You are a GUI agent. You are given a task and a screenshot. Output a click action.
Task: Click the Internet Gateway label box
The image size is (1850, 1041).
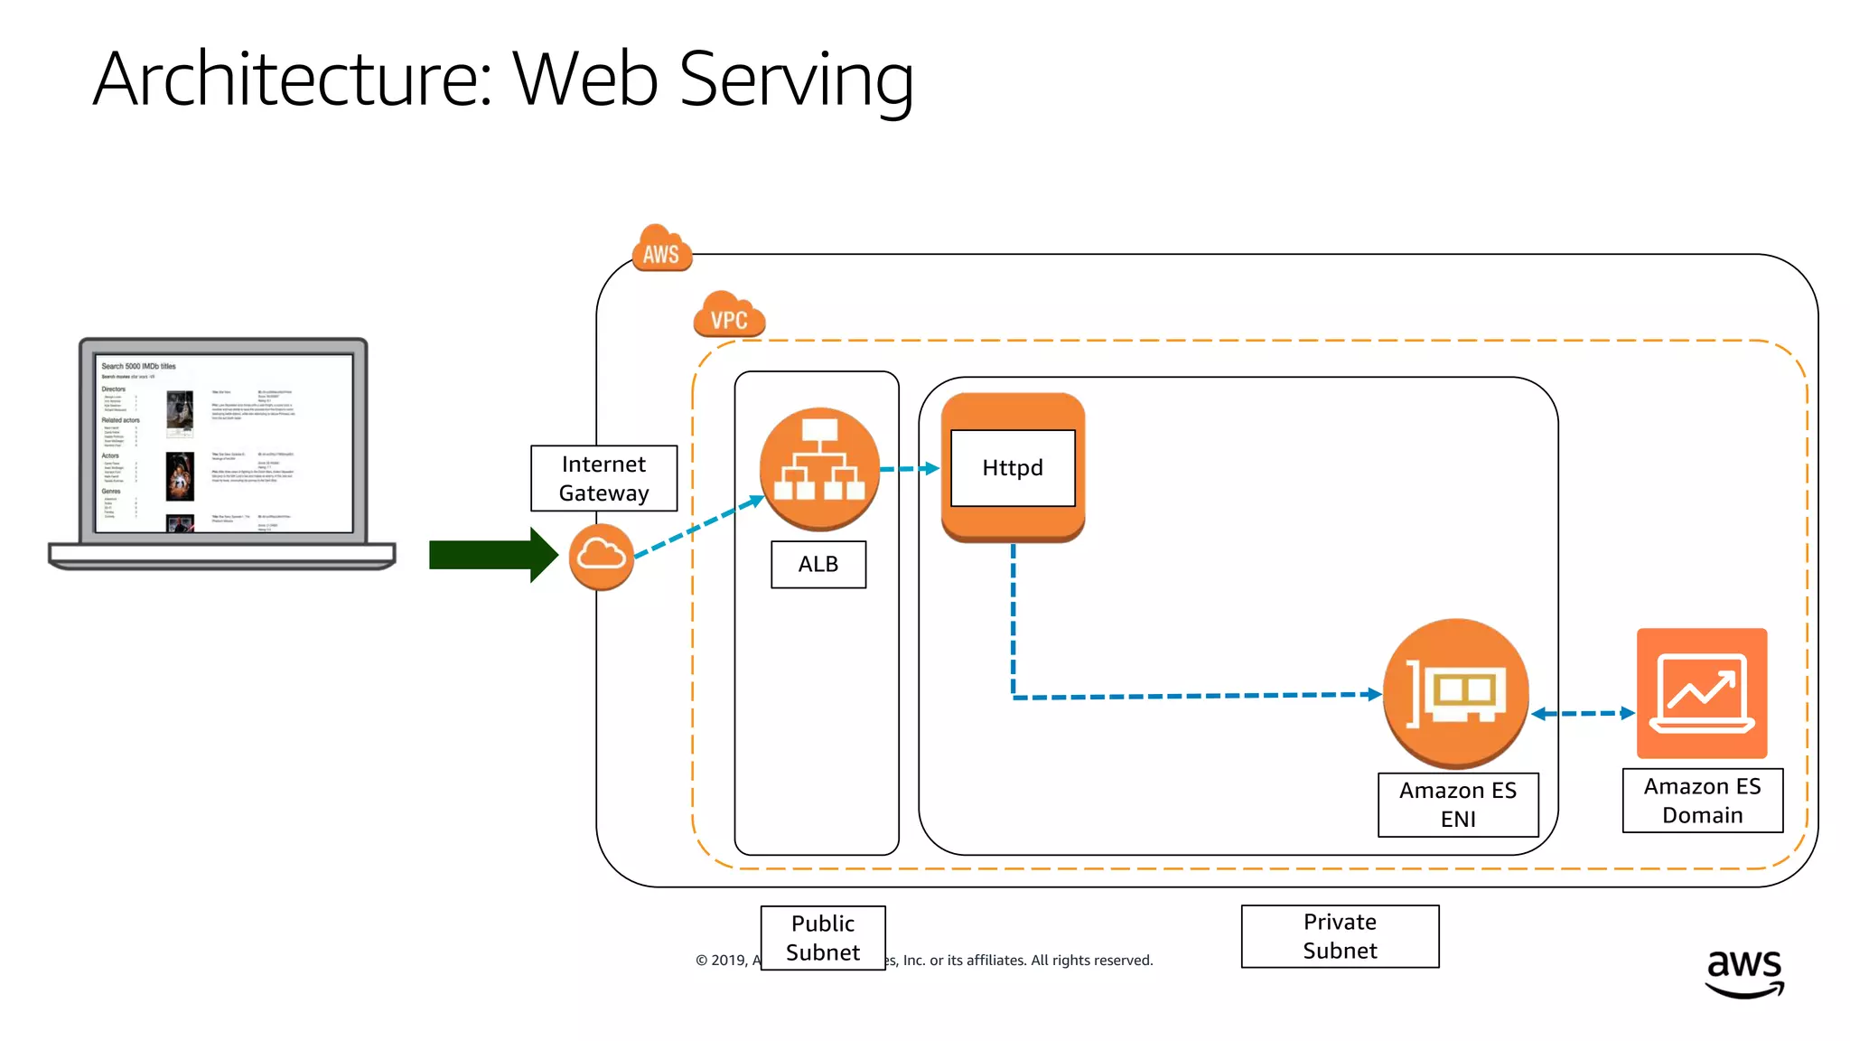(x=603, y=478)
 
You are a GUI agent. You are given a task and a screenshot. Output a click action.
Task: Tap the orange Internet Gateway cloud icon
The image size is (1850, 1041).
(x=601, y=556)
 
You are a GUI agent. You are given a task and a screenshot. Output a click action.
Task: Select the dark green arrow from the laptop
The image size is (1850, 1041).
(x=492, y=555)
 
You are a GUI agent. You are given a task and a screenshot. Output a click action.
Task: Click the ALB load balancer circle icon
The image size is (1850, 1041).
(x=819, y=468)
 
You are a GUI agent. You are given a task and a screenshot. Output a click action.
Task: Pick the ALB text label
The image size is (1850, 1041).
(x=818, y=564)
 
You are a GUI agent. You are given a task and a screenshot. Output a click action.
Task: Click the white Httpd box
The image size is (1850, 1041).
(x=1013, y=468)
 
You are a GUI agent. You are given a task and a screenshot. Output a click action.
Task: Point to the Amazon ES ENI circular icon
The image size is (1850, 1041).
(x=1455, y=693)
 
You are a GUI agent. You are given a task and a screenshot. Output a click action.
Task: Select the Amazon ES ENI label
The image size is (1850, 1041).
(x=1458, y=804)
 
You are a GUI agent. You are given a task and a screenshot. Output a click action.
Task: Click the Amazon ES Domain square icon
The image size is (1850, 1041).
(x=1702, y=693)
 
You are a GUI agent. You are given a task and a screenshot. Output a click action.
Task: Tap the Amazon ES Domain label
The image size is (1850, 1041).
(x=1702, y=801)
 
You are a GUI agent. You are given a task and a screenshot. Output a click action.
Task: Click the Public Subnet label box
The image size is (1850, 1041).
(x=823, y=938)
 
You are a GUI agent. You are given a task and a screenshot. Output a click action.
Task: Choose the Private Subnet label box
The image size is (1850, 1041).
(x=1340, y=936)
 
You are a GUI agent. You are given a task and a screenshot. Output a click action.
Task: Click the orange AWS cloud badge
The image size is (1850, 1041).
(x=661, y=250)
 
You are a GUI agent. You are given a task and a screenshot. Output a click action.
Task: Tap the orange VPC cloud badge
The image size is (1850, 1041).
(x=729, y=316)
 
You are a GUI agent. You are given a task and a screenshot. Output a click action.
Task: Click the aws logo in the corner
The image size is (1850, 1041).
(x=1743, y=972)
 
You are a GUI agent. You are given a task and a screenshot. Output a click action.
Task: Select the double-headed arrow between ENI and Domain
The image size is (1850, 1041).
(x=1584, y=713)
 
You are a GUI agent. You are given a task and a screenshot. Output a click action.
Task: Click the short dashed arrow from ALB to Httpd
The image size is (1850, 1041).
(x=910, y=468)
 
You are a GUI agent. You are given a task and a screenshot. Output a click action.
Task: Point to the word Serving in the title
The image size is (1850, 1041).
(x=796, y=80)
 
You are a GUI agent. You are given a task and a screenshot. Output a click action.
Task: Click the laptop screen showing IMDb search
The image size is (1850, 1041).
(x=224, y=444)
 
